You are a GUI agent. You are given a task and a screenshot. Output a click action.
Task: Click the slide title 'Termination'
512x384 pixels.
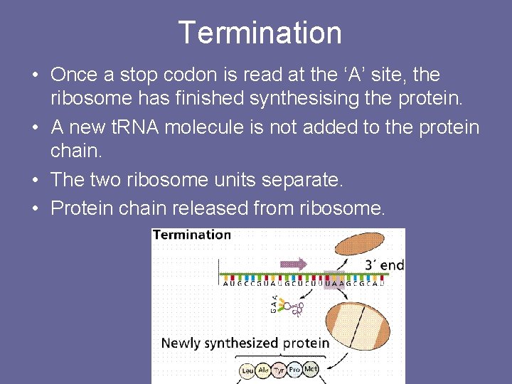pyautogui.click(x=260, y=33)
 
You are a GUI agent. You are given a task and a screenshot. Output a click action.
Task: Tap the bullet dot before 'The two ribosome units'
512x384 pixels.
pyautogui.click(x=35, y=181)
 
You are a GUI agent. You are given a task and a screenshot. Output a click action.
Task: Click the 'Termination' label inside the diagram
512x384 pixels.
pyautogui.click(x=192, y=235)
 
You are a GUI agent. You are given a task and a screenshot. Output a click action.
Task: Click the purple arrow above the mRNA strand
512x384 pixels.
pyautogui.click(x=294, y=264)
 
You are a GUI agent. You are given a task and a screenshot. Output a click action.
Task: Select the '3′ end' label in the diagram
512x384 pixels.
pyautogui.click(x=383, y=265)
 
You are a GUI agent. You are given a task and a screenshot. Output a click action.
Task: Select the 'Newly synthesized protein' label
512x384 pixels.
pyautogui.click(x=245, y=343)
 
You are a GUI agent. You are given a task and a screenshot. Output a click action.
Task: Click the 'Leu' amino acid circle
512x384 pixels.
pyautogui.click(x=248, y=370)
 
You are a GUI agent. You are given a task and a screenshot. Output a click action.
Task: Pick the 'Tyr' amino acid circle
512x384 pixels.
pyautogui.click(x=279, y=370)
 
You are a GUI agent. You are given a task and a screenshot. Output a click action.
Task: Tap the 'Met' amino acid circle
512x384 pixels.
pyautogui.click(x=311, y=368)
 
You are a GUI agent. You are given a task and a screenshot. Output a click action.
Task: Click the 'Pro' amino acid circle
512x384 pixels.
pyautogui.click(x=295, y=370)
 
